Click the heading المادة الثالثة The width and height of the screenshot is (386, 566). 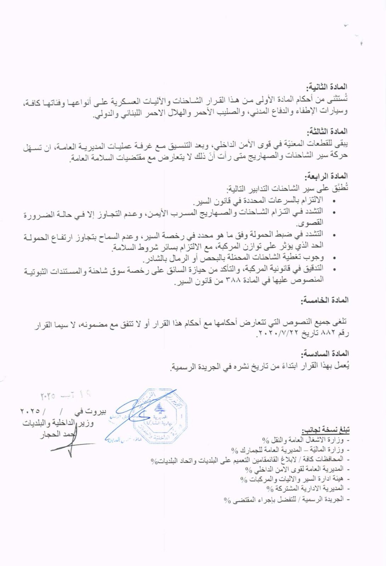pyautogui.click(x=328, y=131)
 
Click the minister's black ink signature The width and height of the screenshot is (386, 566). pyautogui.click(x=69, y=444)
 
